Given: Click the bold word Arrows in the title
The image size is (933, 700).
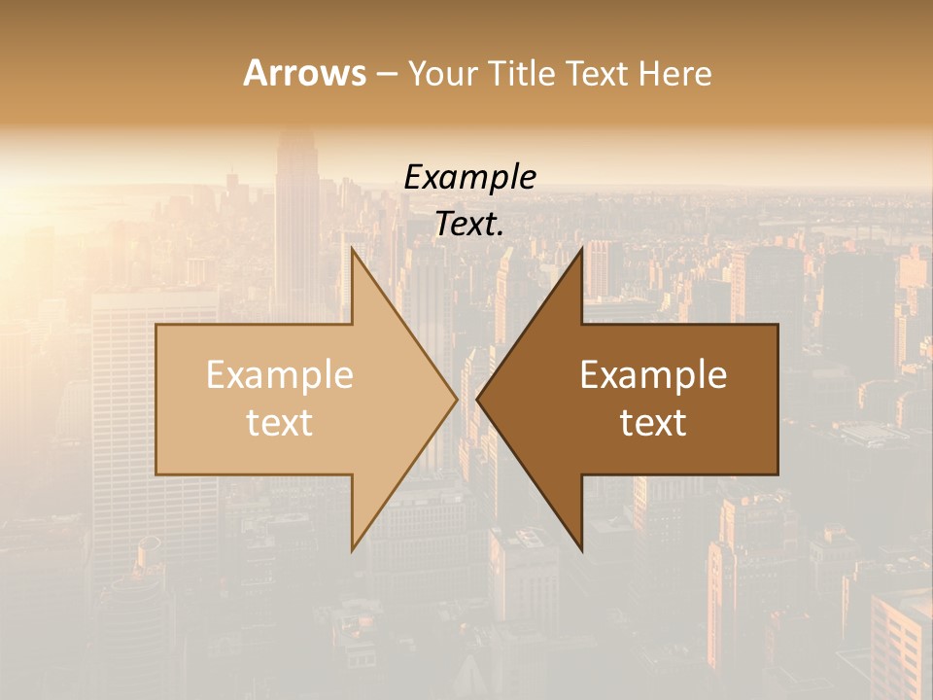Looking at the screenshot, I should coord(304,73).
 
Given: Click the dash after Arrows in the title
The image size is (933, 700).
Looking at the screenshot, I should coord(386,75).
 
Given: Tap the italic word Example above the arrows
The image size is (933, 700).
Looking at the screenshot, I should coord(470,177).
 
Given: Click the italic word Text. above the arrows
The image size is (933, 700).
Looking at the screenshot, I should coord(470,224).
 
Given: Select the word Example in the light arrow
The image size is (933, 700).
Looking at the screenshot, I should coord(280,375).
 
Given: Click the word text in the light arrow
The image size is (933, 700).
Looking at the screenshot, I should coord(280,422).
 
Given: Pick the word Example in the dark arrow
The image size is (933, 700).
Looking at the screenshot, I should coord(653,375).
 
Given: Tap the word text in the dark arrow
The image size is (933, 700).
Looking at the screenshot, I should coord(653,422).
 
